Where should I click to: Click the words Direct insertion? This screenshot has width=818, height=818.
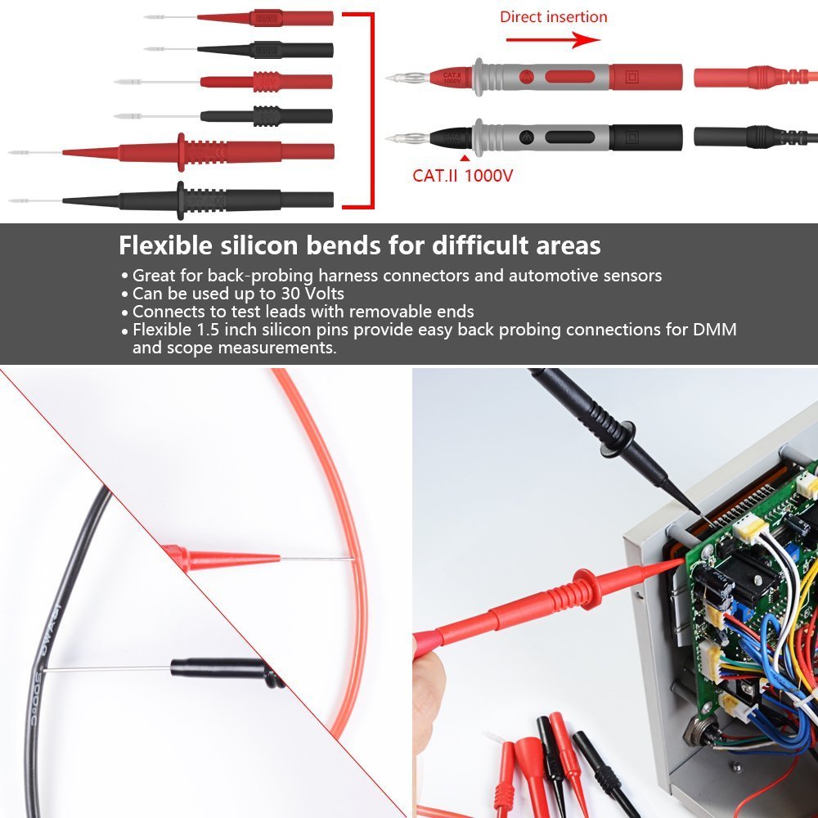554,16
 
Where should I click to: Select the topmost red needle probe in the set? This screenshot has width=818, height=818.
262,17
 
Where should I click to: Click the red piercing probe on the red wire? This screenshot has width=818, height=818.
221,560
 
